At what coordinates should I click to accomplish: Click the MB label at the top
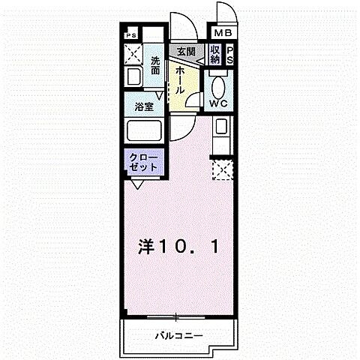[224, 33]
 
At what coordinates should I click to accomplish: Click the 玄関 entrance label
[186, 52]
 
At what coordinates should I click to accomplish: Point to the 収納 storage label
[215, 55]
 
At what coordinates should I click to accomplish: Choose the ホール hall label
[181, 79]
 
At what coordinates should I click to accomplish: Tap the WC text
[219, 103]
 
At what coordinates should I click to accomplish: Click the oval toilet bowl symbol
[219, 83]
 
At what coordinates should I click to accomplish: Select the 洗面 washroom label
[155, 65]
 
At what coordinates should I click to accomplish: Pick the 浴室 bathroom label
[145, 107]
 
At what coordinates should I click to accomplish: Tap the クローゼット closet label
[143, 163]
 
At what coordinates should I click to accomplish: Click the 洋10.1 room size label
[177, 247]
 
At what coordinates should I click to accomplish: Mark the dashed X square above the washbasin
[133, 53]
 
